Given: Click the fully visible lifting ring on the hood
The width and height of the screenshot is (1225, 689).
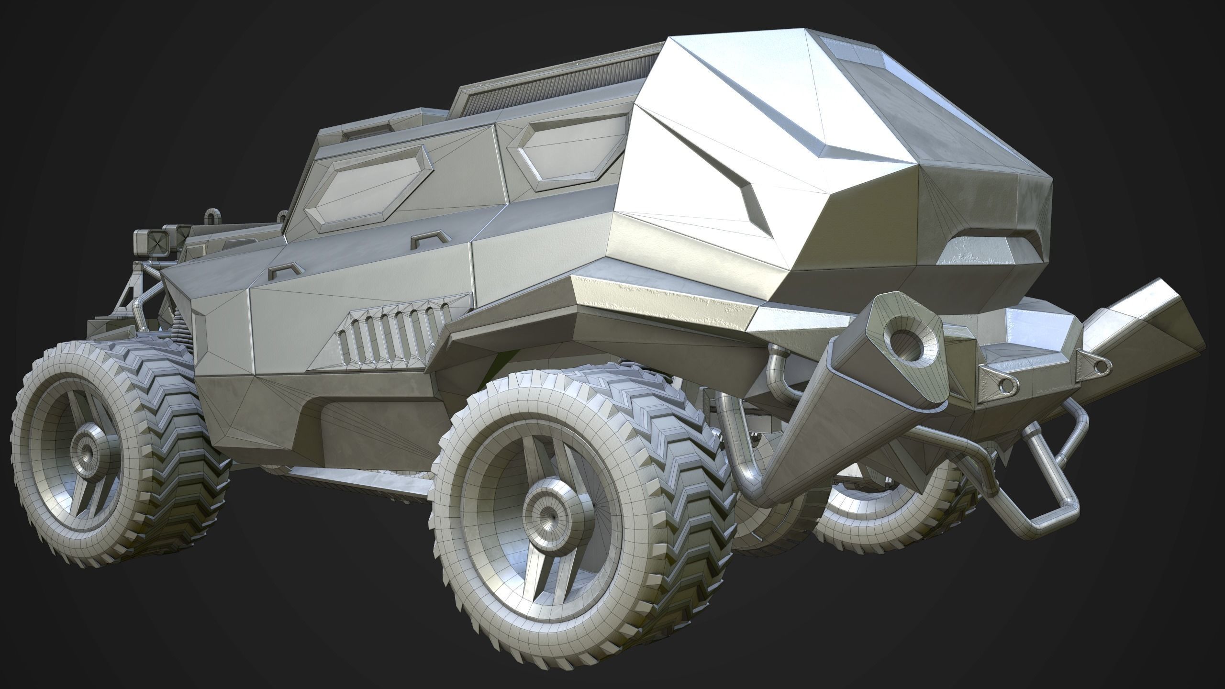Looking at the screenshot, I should pyautogui.click(x=211, y=218).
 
